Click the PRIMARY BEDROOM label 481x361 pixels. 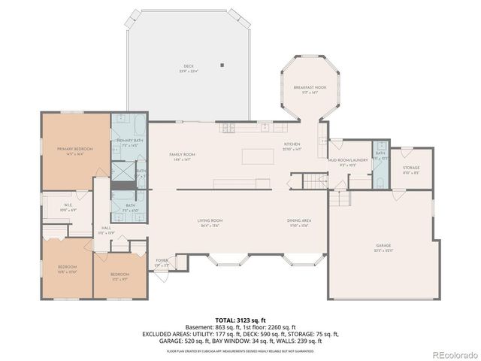pyautogui.click(x=68, y=149)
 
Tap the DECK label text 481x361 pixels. pyautogui.click(x=189, y=66)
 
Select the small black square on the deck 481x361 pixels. pyautogui.click(x=222, y=65)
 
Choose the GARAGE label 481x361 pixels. pyautogui.click(x=383, y=245)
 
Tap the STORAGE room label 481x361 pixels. pyautogui.click(x=410, y=168)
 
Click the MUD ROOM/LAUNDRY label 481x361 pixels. pyautogui.click(x=346, y=160)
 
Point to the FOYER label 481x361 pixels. pyautogui.click(x=162, y=262)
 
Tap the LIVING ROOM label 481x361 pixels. pyautogui.click(x=210, y=220)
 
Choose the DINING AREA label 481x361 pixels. pyautogui.click(x=298, y=220)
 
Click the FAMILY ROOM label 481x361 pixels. pyautogui.click(x=184, y=154)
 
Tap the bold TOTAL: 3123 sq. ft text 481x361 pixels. pyautogui.click(x=240, y=320)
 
